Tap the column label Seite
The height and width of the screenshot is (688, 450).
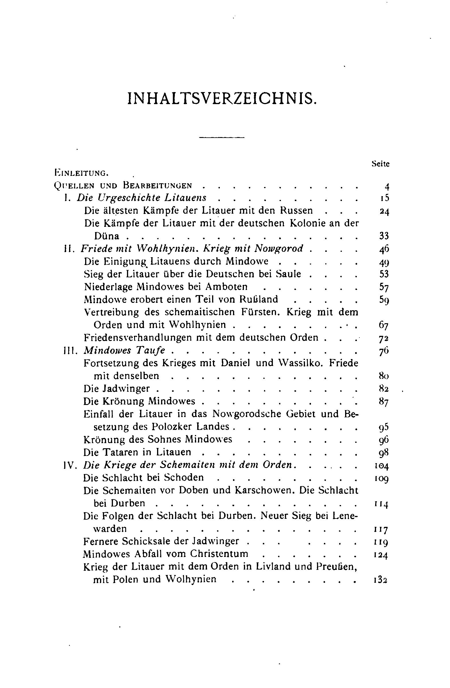pyautogui.click(x=380, y=164)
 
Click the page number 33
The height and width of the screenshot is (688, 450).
pyautogui.click(x=384, y=236)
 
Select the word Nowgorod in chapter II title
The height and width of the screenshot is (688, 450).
pyautogui.click(x=278, y=248)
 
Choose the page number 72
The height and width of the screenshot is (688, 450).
pyautogui.click(x=384, y=338)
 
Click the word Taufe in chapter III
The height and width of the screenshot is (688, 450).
pyautogui.click(x=150, y=350)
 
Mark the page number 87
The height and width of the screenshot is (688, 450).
pyautogui.click(x=384, y=402)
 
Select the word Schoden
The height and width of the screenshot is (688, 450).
pyautogui.click(x=184, y=477)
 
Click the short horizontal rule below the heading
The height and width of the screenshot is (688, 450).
pyautogui.click(x=222, y=137)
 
